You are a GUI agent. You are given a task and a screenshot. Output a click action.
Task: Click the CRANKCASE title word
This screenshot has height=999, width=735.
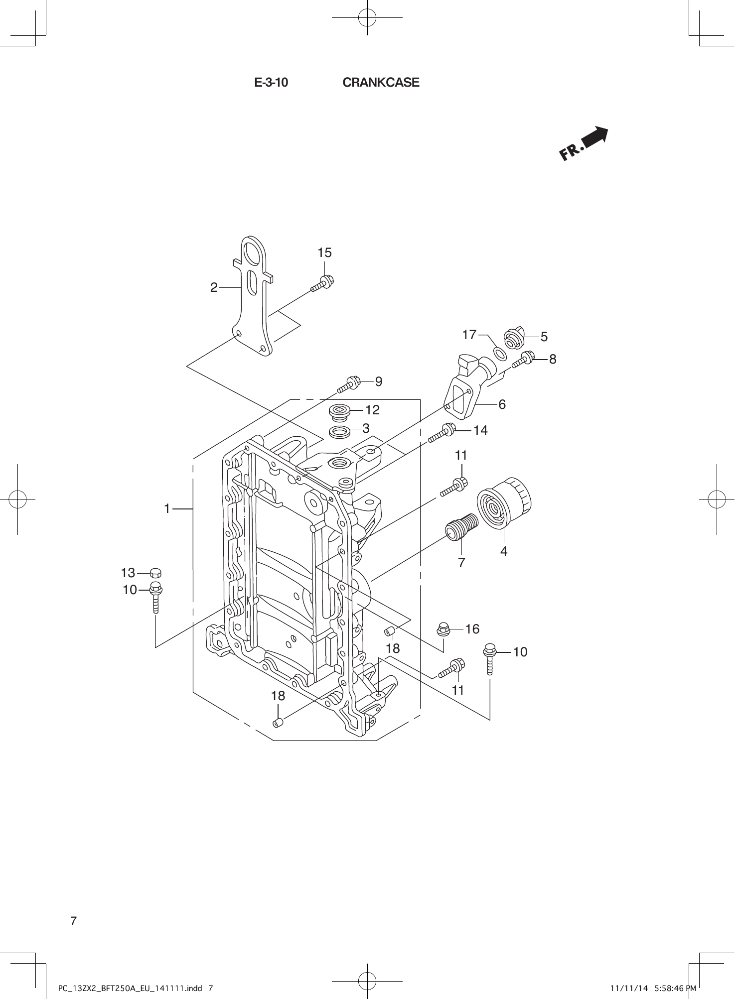click(381, 83)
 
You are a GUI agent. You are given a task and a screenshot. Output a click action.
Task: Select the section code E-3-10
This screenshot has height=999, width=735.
click(271, 83)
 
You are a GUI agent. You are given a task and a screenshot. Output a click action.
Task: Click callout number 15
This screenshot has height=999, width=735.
click(324, 253)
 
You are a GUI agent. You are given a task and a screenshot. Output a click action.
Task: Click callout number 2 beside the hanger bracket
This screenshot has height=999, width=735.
click(214, 287)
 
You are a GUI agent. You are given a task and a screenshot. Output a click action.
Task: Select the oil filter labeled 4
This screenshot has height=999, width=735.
click(504, 503)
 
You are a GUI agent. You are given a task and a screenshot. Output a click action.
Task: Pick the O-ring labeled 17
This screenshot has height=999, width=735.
click(500, 353)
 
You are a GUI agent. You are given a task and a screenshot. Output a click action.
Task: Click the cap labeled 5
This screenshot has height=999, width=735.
click(513, 338)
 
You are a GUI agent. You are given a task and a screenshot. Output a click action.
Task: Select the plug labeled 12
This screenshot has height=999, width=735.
click(340, 412)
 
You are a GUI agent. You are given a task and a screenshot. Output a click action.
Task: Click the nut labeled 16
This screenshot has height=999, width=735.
click(442, 629)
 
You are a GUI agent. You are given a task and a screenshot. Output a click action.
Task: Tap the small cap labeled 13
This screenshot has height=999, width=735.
click(155, 572)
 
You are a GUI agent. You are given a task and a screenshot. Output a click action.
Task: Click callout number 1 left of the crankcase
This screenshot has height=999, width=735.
click(167, 508)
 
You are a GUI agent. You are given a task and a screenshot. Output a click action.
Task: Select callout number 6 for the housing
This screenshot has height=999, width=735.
click(502, 405)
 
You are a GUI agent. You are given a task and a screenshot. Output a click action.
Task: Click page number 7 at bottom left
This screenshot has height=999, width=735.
click(73, 921)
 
